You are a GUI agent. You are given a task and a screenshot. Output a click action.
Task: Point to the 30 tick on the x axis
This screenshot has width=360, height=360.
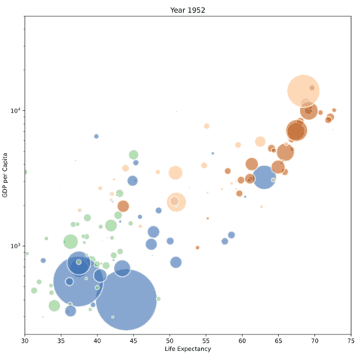(x=25, y=339)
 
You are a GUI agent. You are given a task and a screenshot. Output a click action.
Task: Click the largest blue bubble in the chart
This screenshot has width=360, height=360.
(x=126, y=299)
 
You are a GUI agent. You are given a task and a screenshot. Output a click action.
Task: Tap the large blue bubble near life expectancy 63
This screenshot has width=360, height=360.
(x=264, y=178)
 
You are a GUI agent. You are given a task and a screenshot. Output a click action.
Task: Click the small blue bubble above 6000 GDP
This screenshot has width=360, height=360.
(x=96, y=136)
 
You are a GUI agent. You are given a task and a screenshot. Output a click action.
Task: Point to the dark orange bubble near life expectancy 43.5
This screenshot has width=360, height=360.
(x=123, y=205)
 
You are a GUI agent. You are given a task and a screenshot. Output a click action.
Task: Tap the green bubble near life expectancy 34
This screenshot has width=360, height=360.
(x=54, y=305)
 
